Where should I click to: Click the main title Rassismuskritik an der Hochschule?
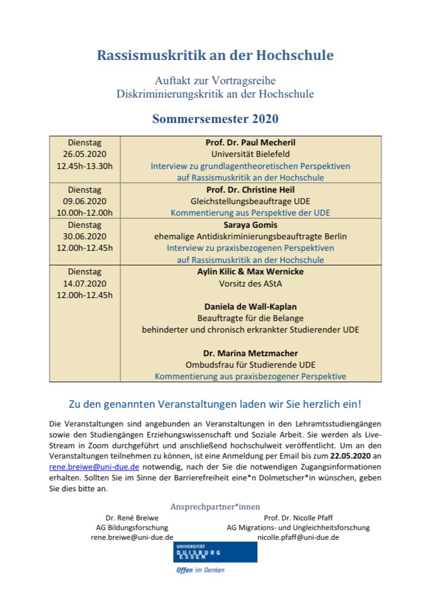215,55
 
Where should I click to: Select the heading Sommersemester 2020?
215,118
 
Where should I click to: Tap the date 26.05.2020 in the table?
85,154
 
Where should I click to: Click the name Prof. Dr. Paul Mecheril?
251,142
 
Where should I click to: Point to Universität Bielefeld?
251,154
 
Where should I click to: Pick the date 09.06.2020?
85,201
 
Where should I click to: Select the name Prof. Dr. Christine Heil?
251,190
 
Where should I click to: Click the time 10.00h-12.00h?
85,213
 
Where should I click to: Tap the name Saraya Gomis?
251,225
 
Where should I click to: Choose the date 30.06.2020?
85,236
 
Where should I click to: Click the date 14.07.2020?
85,283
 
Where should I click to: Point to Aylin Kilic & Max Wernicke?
251,271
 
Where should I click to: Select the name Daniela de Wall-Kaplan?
251,307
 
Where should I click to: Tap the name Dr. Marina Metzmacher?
251,353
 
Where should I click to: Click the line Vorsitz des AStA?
251,283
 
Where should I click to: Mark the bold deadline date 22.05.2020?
349,456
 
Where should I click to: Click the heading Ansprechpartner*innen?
215,506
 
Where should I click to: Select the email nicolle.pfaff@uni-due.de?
298,537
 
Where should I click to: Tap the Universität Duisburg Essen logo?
198,554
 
